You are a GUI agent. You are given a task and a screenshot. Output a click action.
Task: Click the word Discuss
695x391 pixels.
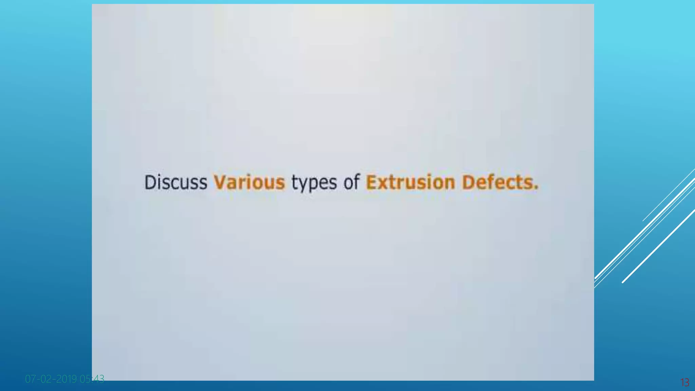coord(175,182)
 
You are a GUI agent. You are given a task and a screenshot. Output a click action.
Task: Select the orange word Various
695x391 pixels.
coord(249,182)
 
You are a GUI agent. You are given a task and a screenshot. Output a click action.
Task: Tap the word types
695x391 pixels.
coord(314,183)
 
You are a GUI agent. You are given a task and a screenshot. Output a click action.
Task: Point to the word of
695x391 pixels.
coord(351,182)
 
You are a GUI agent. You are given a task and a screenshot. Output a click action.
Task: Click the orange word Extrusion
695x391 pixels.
coord(410,182)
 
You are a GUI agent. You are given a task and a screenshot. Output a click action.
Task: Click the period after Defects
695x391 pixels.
coord(536,188)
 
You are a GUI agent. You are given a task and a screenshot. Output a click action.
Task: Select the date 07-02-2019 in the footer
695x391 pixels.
coord(51,379)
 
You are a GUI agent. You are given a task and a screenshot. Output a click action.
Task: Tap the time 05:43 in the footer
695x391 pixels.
coord(92,379)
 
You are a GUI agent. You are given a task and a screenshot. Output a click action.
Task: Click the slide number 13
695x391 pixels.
coord(685,383)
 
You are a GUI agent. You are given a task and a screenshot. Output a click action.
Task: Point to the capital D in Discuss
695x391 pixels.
coord(150,182)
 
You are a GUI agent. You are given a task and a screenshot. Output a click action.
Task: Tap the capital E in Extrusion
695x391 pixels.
coord(371,182)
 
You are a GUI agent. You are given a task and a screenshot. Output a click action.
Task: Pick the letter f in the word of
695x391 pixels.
coord(356,182)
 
